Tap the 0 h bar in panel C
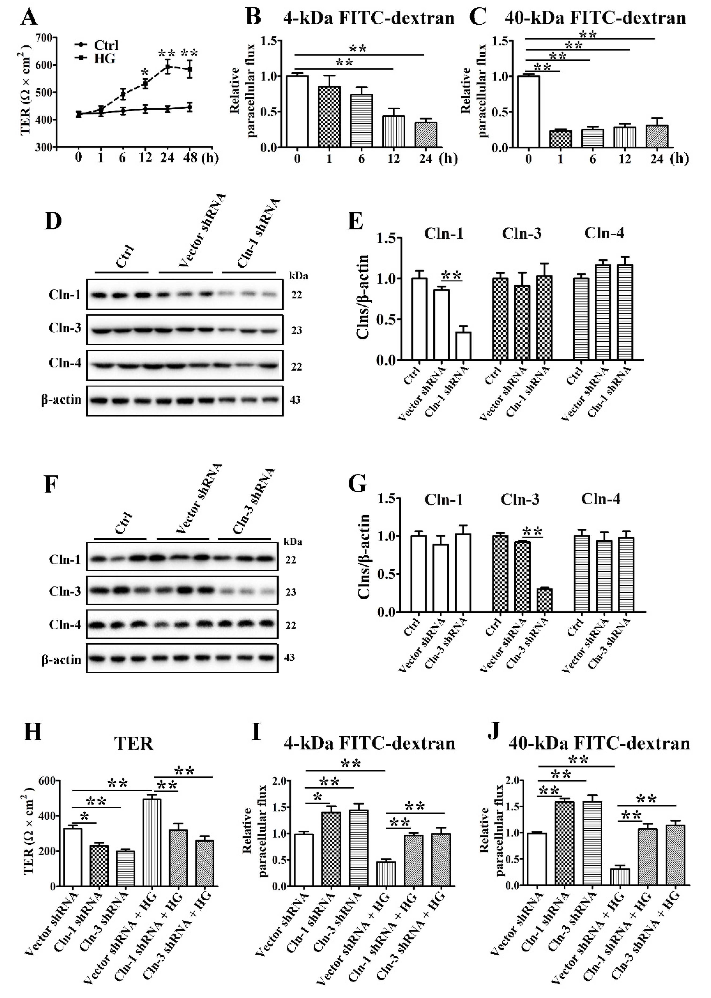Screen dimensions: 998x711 pyautogui.click(x=528, y=112)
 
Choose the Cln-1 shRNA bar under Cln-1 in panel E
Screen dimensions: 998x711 pyautogui.click(x=463, y=346)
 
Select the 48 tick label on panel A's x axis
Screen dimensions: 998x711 pyautogui.click(x=190, y=157)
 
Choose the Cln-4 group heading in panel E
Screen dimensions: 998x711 pyautogui.click(x=604, y=233)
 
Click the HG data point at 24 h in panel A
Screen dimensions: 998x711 pyautogui.click(x=167, y=67)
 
